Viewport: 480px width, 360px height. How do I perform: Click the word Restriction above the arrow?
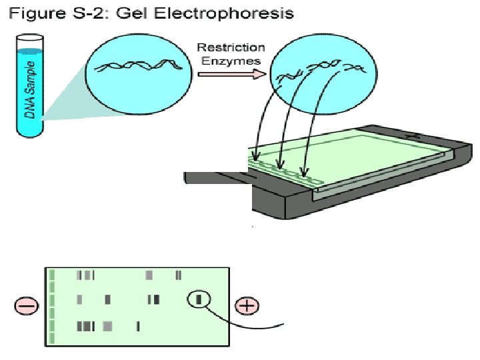click(231, 48)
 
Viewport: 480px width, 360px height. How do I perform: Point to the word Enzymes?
click(231, 61)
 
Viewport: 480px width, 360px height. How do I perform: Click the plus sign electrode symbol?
click(247, 307)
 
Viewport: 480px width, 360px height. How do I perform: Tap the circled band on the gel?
click(199, 300)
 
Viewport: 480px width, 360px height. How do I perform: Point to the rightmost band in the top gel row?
click(179, 275)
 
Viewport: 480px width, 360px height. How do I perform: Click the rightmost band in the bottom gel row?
click(137, 326)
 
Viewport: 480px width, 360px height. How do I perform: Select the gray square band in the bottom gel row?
click(108, 326)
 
